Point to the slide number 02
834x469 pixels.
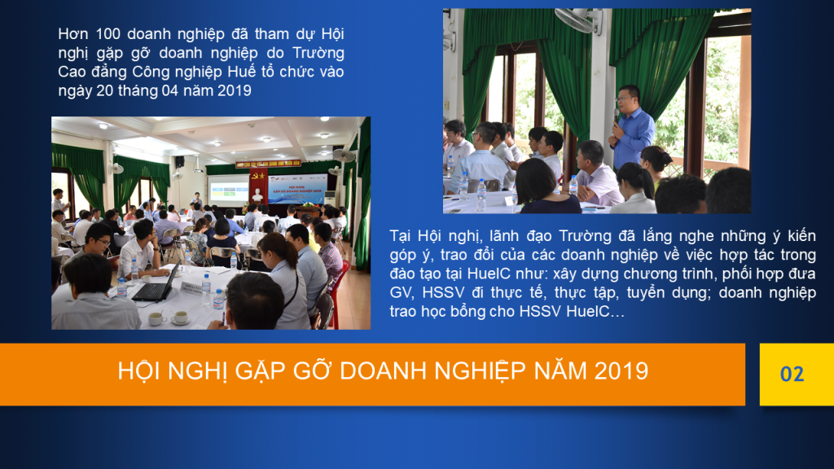click(x=792, y=375)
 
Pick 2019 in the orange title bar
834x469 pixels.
click(x=621, y=371)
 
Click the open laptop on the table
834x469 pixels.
click(x=156, y=285)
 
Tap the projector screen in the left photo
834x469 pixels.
click(x=229, y=190)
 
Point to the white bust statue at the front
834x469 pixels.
click(x=257, y=195)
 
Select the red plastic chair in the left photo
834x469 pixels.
click(x=338, y=292)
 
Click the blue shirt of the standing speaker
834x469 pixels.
click(x=633, y=137)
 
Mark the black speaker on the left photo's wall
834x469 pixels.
click(x=180, y=162)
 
